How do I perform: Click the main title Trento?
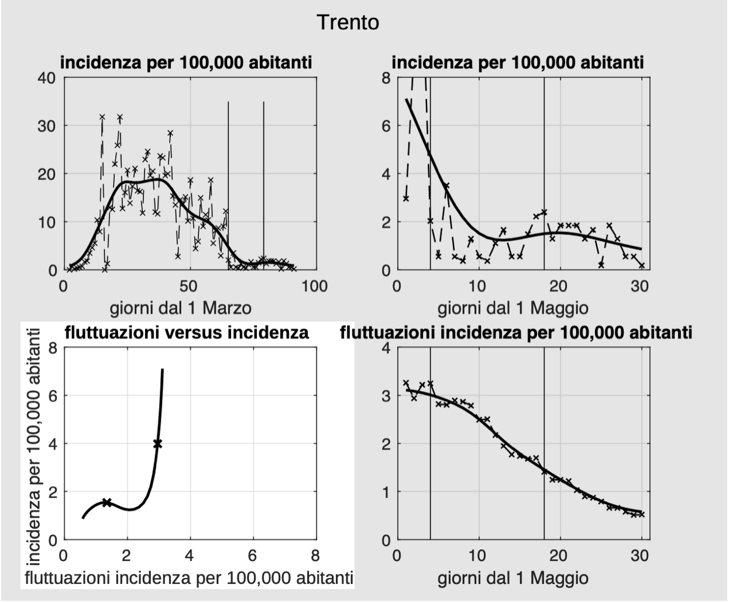[348, 23]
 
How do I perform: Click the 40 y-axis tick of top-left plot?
[47, 78]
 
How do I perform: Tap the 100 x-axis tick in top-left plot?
[315, 286]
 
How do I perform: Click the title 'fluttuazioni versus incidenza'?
[186, 333]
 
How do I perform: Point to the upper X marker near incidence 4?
[157, 444]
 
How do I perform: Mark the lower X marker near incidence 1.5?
[106, 502]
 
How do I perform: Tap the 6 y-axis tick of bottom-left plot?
[53, 396]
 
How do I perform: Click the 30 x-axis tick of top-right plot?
[640, 286]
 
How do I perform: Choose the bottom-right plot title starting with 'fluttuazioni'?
[515, 333]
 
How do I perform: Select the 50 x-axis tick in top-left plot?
[190, 286]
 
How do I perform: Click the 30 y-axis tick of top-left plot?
[47, 126]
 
